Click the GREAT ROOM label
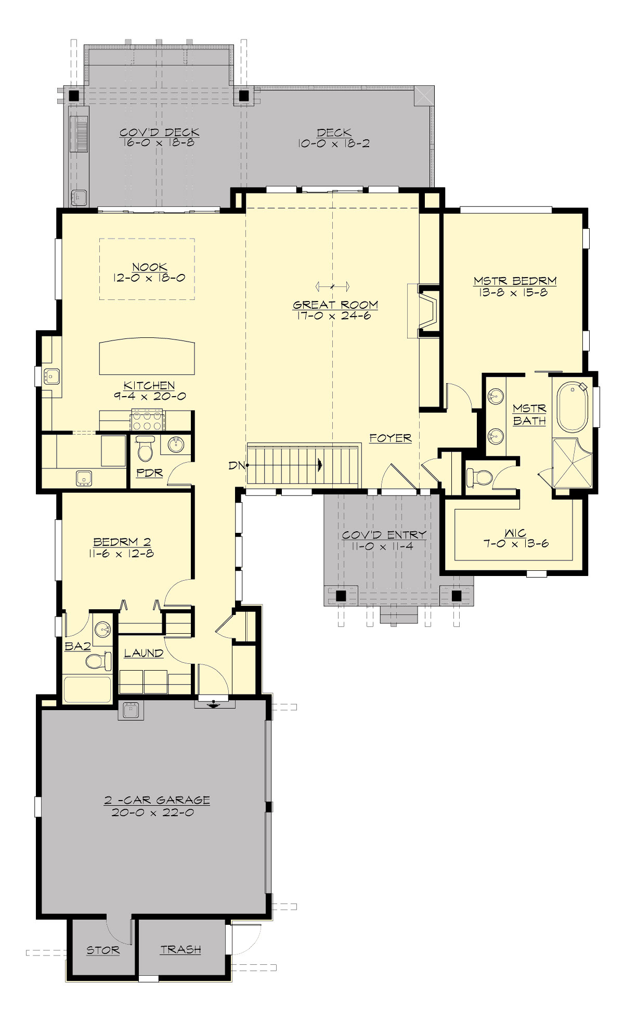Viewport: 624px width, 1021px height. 335,305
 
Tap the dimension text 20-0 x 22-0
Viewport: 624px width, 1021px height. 152,812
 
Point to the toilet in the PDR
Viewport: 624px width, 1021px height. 145,448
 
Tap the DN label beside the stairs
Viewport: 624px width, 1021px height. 236,466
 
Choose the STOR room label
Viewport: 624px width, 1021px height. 102,950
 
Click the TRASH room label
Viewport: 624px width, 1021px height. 180,949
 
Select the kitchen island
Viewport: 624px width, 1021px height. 147,357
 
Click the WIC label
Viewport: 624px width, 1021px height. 515,533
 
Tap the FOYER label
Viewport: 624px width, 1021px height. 390,438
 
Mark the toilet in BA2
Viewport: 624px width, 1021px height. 97,661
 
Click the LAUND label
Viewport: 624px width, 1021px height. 144,653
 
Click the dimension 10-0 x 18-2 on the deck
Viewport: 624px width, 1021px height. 334,144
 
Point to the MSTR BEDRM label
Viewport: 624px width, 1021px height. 515,281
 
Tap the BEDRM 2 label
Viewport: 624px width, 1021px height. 122,542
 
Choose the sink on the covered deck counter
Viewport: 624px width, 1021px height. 79,197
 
